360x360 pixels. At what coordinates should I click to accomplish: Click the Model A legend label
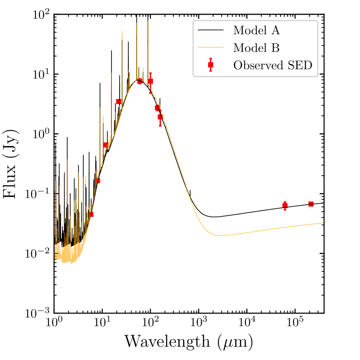pyautogui.click(x=256, y=31)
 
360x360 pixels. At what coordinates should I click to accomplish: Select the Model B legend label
pyautogui.click(x=256, y=48)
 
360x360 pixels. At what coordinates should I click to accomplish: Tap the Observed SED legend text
pyautogui.click(x=273, y=65)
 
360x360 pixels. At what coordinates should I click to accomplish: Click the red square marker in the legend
pyautogui.click(x=210, y=65)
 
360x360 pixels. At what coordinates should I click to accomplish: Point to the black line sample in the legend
pyautogui.click(x=210, y=31)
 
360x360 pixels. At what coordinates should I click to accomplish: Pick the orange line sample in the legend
pyautogui.click(x=210, y=48)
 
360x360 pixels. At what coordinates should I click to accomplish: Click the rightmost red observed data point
pyautogui.click(x=311, y=204)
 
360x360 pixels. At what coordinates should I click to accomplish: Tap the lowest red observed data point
pyautogui.click(x=91, y=214)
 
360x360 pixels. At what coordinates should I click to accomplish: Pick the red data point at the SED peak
pyautogui.click(x=140, y=81)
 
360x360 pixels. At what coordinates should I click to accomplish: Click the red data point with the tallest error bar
pyautogui.click(x=151, y=81)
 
